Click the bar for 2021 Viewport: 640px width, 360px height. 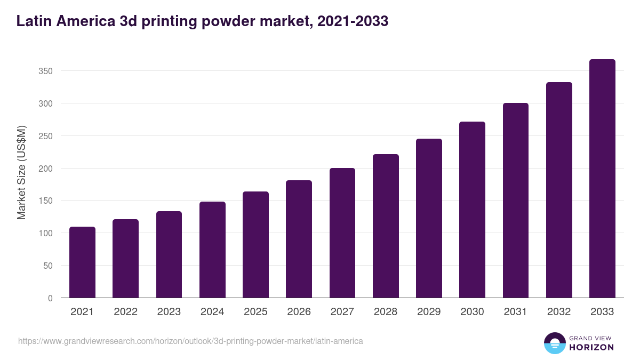pyautogui.click(x=82, y=262)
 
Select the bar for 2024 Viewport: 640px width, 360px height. pyautogui.click(x=212, y=250)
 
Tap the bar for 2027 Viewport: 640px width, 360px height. pyautogui.click(x=342, y=233)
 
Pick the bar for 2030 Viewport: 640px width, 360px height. pyautogui.click(x=473, y=210)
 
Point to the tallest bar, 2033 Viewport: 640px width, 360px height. pyautogui.click(x=602, y=179)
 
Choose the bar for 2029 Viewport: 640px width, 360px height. pyautogui.click(x=429, y=218)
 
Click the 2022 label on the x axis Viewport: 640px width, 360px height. pyautogui.click(x=125, y=312)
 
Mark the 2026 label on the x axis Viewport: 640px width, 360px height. pyautogui.click(x=299, y=312)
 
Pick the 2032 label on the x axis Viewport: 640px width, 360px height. pyautogui.click(x=559, y=312)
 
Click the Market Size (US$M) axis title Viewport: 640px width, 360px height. pyautogui.click(x=21, y=172)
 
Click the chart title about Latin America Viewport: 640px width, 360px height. pyautogui.click(x=202, y=21)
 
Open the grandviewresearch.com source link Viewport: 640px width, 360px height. pyautogui.click(x=190, y=341)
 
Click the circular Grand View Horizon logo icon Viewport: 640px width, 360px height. pyautogui.click(x=554, y=343)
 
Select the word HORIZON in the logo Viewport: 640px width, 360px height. pyautogui.click(x=591, y=347)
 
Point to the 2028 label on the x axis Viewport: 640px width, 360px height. pyautogui.click(x=386, y=312)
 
